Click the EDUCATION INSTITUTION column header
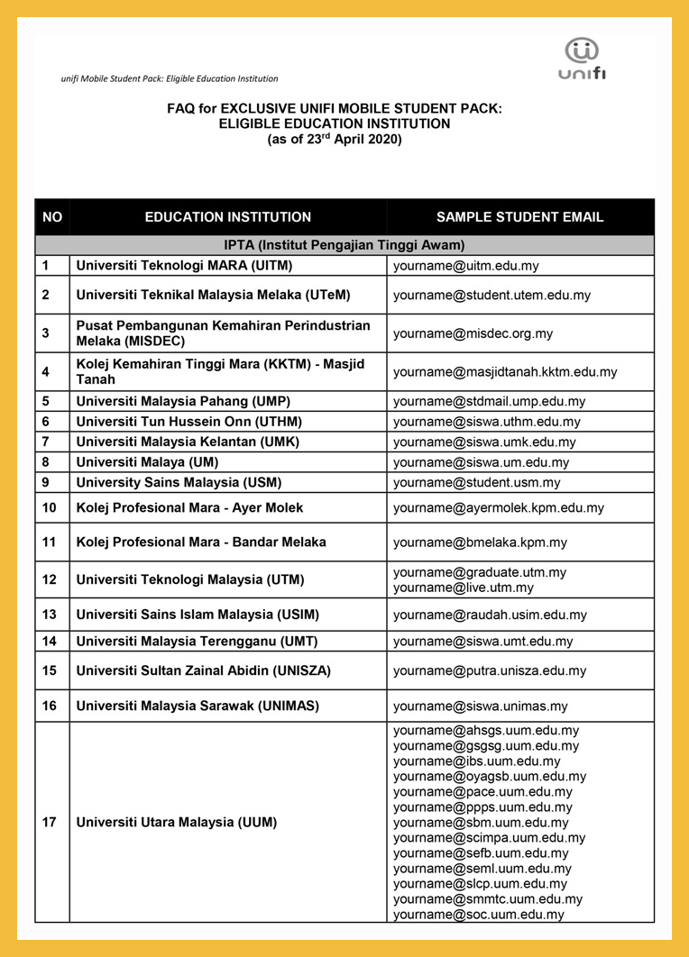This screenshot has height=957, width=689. click(227, 217)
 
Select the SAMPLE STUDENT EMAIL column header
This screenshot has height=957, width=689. click(519, 217)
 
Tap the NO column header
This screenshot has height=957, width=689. click(52, 217)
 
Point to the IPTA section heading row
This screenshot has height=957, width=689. click(344, 245)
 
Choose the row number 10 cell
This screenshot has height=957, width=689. click(50, 508)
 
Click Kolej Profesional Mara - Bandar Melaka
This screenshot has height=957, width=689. click(201, 542)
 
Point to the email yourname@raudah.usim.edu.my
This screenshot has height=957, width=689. click(490, 615)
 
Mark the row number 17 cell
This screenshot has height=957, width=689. click(50, 823)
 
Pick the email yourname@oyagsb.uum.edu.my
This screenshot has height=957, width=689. click(490, 776)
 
